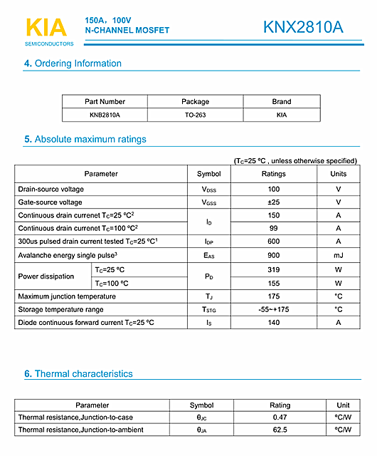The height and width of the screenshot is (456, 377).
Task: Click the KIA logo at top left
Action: (46, 28)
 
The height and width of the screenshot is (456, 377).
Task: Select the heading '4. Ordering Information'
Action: (73, 63)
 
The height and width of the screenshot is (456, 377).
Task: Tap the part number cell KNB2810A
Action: (105, 115)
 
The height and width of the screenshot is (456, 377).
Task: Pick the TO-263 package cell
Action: (196, 115)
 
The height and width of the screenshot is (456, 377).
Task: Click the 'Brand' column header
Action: (282, 102)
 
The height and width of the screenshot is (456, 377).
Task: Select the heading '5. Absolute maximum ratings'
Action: (85, 140)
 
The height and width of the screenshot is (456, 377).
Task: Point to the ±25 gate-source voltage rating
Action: (273, 202)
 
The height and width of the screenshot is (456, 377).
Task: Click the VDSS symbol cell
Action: (208, 190)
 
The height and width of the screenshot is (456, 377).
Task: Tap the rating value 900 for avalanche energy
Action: (273, 255)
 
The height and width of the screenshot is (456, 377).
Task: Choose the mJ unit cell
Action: (339, 255)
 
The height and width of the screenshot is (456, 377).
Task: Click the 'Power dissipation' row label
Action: (46, 276)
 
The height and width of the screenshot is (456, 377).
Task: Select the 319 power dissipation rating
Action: (273, 270)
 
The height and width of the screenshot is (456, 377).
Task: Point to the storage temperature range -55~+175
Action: (273, 310)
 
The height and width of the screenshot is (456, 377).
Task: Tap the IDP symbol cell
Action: (208, 242)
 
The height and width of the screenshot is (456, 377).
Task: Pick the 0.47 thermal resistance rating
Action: (280, 418)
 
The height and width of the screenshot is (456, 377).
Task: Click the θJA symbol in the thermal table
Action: (201, 430)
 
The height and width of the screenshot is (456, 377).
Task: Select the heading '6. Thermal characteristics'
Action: (78, 374)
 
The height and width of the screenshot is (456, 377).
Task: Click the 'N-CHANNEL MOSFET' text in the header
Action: (127, 31)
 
